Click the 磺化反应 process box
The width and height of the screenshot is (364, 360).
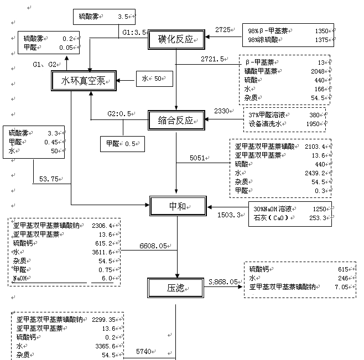pos(176,39)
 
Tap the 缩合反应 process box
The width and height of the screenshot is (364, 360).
pos(176,119)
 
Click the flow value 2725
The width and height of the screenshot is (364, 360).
pos(223,29)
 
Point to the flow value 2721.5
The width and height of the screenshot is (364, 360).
pos(213,58)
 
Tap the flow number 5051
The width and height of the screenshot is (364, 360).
pos(197,158)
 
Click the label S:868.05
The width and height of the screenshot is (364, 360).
pos(223,282)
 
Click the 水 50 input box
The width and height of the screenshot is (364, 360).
pos(151,79)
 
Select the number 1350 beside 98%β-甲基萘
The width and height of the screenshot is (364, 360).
pos(321,32)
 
